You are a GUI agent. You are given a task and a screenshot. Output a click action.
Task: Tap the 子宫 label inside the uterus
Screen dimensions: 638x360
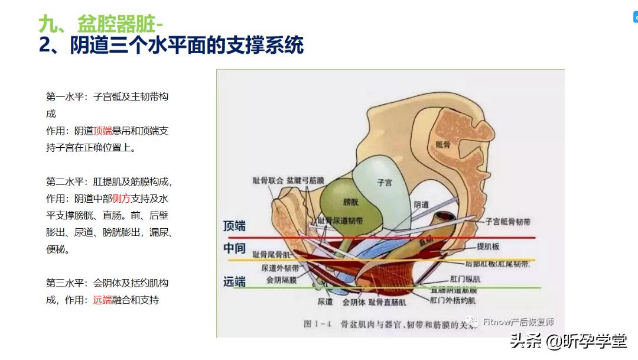(385, 183)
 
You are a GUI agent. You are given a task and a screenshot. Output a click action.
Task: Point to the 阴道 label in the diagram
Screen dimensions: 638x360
(421, 204)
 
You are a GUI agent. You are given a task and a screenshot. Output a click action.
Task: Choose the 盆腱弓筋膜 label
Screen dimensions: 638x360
(305, 179)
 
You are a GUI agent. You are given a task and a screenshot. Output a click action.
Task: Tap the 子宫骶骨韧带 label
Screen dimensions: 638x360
(507, 222)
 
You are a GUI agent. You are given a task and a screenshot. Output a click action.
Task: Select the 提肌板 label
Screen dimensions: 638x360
(488, 245)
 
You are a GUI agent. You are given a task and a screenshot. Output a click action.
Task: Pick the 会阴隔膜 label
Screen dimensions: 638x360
(281, 280)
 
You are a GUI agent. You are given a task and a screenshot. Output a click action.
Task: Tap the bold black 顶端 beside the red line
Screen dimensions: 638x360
(235, 226)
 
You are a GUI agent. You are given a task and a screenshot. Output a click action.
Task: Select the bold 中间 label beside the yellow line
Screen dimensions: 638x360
(235, 248)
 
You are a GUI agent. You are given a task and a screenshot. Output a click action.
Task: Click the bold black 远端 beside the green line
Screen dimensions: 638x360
(235, 282)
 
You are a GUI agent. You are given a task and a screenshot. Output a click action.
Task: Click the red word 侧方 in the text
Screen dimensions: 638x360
(121, 199)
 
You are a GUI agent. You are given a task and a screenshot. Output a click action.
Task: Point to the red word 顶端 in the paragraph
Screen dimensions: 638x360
(103, 131)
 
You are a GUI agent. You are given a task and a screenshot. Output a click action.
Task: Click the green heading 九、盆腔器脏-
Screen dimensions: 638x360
(101, 24)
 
